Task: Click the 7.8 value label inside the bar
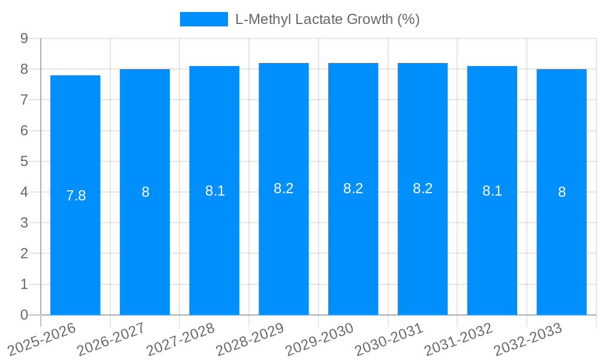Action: pyautogui.click(x=76, y=196)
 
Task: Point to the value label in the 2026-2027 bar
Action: pyautogui.click(x=145, y=192)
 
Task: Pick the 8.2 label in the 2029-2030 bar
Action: pyautogui.click(x=353, y=188)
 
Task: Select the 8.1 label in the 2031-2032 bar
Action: pyautogui.click(x=492, y=191)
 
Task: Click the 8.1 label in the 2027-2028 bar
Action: pyautogui.click(x=215, y=191)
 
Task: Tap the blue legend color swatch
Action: pyautogui.click(x=204, y=19)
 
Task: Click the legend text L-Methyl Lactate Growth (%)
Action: pyautogui.click(x=327, y=19)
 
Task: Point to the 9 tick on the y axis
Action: pyautogui.click(x=24, y=38)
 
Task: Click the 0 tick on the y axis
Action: pyautogui.click(x=24, y=315)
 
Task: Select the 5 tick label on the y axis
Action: pyautogui.click(x=24, y=161)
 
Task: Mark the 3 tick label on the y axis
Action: pyautogui.click(x=24, y=223)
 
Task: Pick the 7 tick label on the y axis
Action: pyautogui.click(x=24, y=100)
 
